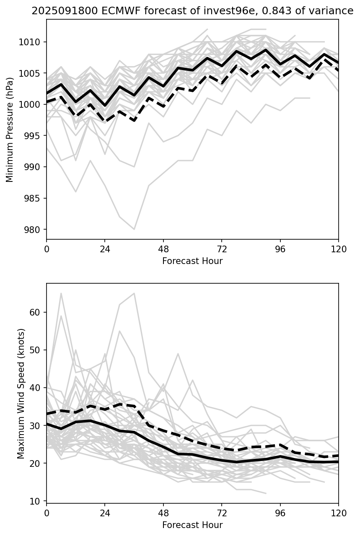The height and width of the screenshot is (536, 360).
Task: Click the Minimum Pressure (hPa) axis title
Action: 10,129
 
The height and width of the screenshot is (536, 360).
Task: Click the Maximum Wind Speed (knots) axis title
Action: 21,393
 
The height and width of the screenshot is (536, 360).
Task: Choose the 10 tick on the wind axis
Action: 38,501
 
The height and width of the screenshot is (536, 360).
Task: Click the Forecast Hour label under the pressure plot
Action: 192,261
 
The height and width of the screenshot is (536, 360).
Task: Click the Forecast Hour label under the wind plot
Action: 192,525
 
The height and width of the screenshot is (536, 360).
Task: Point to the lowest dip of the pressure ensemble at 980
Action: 134,229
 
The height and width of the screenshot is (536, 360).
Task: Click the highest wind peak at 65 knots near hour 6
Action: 61,293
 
